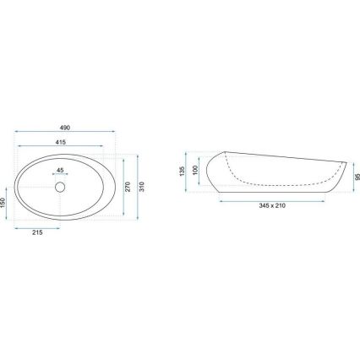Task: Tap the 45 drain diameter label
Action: (59, 170)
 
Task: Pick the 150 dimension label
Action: (3, 205)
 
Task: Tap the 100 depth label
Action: (196, 171)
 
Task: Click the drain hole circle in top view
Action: (61, 186)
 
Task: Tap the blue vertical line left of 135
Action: (188, 171)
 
